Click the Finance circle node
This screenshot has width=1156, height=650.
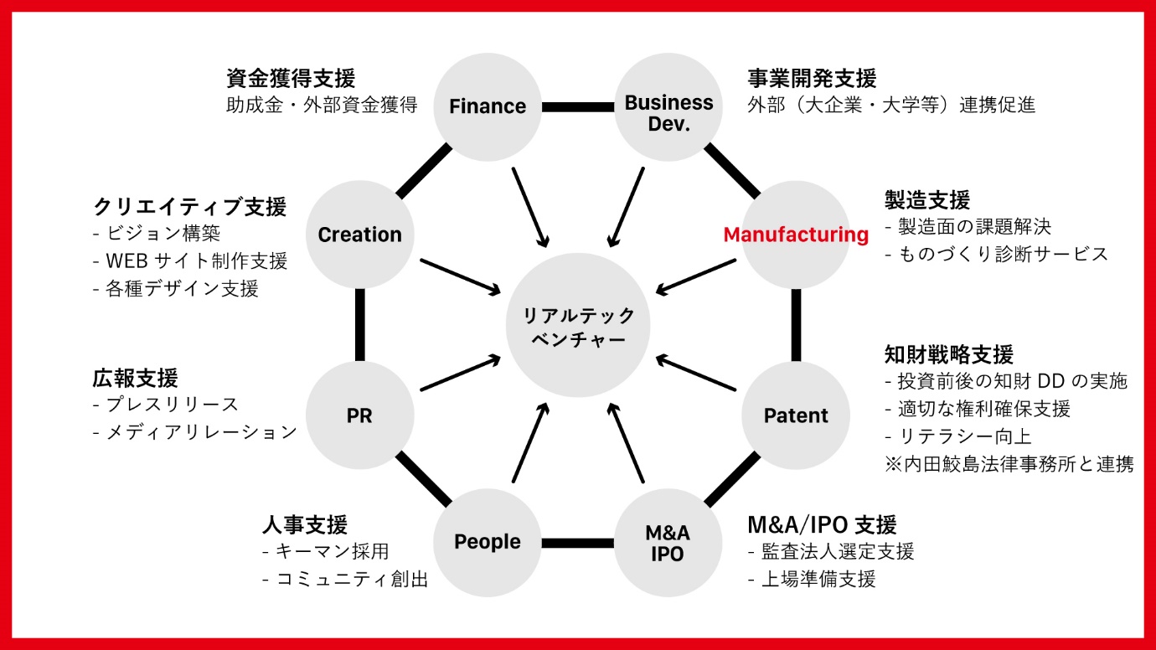488,106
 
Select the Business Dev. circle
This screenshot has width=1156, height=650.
668,106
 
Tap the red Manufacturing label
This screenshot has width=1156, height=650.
796,235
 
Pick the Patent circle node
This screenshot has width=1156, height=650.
796,415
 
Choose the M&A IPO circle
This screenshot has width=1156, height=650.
668,543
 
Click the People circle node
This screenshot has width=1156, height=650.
488,543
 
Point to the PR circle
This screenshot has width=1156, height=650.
359,415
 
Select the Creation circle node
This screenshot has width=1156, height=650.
359,235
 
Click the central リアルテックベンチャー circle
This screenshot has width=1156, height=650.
578,325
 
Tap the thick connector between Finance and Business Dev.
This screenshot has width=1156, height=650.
578,106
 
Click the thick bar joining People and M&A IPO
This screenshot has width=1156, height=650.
578,543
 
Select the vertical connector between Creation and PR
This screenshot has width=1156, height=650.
359,325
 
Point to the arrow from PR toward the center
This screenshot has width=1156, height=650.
461,373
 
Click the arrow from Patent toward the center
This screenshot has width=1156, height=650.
695,373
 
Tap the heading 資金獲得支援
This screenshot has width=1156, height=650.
291,79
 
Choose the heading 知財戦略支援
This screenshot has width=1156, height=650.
949,354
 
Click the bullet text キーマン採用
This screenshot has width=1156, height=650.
333,551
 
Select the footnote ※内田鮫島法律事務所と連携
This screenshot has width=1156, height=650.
1009,464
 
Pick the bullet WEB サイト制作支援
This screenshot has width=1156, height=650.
197,261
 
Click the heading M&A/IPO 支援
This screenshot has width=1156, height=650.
822,525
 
